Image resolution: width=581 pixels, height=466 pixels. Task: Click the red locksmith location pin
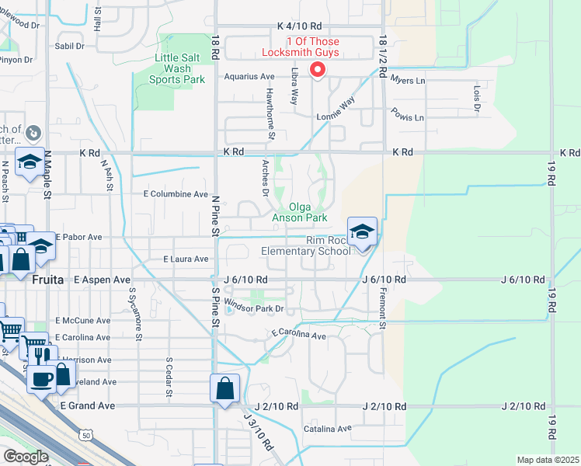coord(317,69)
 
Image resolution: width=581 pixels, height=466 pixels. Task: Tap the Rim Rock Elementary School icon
coord(362,232)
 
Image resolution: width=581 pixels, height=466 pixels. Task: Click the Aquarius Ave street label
coord(249,77)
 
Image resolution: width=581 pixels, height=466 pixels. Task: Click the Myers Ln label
coord(408,80)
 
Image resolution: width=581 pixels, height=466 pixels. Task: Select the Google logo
coord(25,457)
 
